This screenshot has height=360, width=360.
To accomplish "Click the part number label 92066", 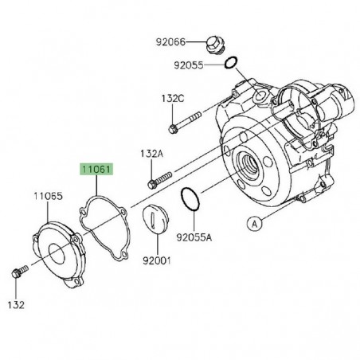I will click(170, 41).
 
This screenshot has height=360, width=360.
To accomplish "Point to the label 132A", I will click(153, 154).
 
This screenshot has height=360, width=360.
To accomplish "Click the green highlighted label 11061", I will click(95, 170).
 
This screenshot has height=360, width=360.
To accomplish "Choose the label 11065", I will click(47, 195).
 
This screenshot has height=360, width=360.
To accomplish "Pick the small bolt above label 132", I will click(18, 274).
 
